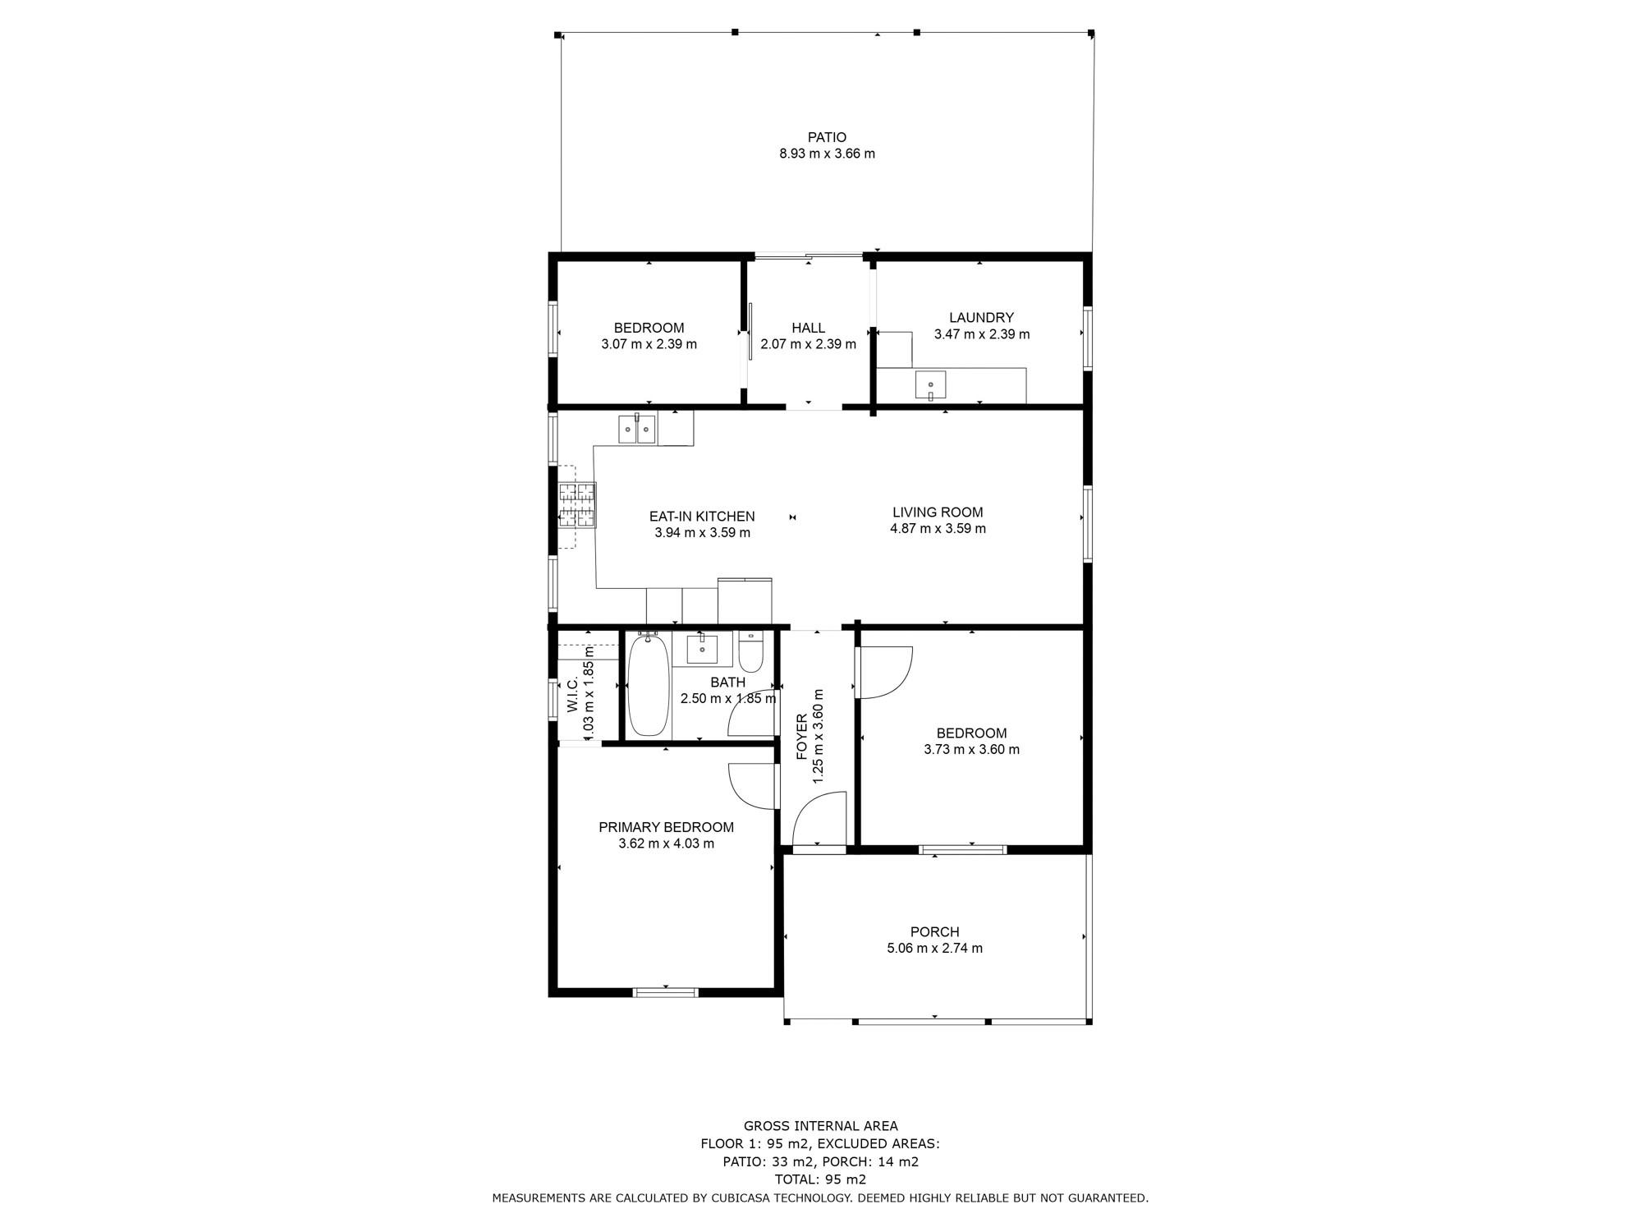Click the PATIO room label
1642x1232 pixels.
[x=827, y=137]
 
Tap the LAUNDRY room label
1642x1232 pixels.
[x=981, y=318]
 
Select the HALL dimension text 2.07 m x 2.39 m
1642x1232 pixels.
[x=808, y=344]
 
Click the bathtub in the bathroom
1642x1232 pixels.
[x=648, y=685]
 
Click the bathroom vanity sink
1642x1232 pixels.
[x=702, y=649]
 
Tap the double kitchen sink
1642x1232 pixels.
[x=637, y=429]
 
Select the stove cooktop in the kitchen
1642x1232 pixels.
[x=577, y=504]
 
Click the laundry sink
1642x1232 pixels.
[x=930, y=385]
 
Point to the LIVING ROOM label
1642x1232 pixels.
[x=938, y=513]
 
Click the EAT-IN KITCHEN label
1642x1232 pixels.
[x=702, y=517]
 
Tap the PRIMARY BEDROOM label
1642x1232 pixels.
[x=666, y=827]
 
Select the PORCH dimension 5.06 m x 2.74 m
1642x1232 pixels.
[x=934, y=948]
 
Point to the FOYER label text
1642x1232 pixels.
[x=801, y=737]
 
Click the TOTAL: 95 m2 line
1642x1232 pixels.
[x=820, y=1179]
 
